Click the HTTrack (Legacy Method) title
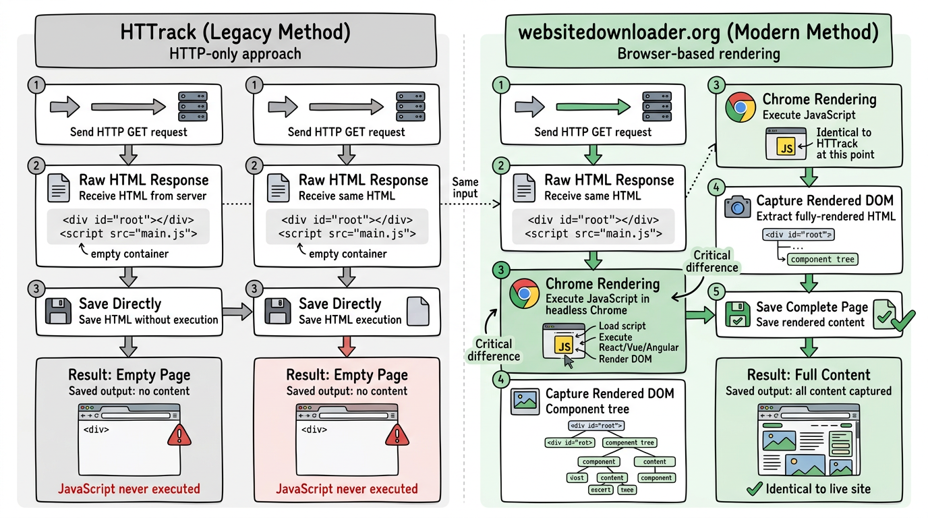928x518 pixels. click(235, 32)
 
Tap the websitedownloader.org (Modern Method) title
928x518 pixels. click(698, 32)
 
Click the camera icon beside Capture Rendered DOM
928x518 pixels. click(737, 207)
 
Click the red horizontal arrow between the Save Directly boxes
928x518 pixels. click(236, 312)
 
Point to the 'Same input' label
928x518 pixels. click(465, 188)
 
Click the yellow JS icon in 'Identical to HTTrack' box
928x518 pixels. click(786, 148)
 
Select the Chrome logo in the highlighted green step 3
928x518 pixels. click(524, 294)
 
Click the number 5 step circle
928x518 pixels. click(716, 291)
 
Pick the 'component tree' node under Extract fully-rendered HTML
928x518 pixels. click(822, 259)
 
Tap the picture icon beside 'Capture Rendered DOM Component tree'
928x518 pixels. click(524, 401)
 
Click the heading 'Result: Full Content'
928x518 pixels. click(809, 375)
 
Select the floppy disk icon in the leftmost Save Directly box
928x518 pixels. click(58, 312)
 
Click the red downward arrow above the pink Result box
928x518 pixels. click(346, 347)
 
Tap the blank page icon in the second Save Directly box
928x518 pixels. click(418, 312)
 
